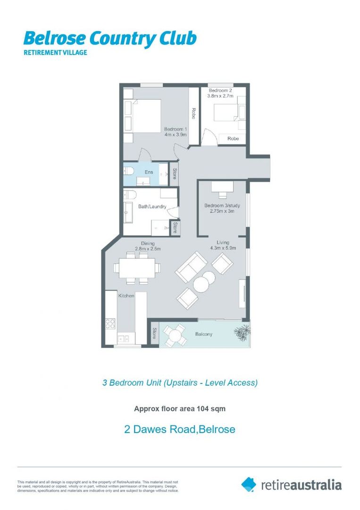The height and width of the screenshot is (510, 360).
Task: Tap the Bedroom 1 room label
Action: tap(176, 129)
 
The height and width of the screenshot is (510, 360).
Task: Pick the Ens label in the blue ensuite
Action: tap(149, 172)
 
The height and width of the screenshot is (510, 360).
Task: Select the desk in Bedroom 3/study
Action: tap(222, 187)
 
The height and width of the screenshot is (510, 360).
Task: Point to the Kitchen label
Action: tap(126, 296)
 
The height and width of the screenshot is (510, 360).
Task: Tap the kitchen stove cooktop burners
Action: tap(110, 323)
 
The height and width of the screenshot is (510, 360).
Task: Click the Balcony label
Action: tap(203, 334)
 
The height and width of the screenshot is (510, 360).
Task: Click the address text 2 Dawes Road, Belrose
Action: tap(180, 429)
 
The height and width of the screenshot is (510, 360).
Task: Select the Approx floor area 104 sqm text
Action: tap(180, 409)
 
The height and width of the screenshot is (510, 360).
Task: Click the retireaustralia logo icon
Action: tap(249, 484)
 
